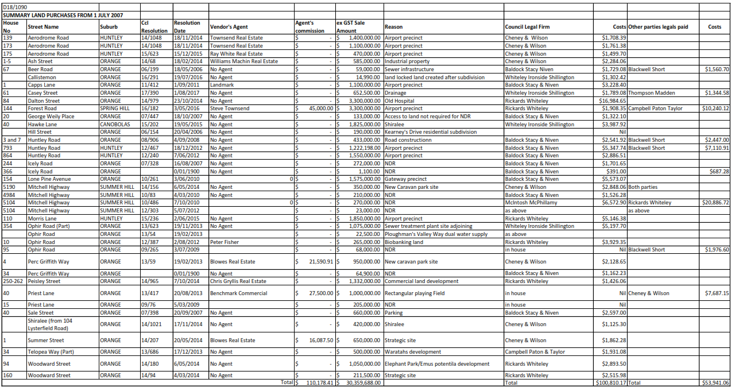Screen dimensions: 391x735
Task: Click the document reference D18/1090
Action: [15, 6]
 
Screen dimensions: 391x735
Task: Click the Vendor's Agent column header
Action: [229, 27]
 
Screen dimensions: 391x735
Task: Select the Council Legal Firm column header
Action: [527, 27]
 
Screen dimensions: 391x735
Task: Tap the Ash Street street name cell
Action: [40, 61]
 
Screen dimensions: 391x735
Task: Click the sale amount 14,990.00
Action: [367, 77]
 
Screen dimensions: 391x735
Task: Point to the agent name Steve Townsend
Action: [230, 109]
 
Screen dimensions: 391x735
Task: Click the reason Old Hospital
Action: [401, 100]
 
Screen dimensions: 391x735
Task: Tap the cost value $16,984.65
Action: [611, 100]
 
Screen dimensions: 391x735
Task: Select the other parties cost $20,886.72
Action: [715, 203]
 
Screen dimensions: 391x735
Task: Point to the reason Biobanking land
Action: [404, 242]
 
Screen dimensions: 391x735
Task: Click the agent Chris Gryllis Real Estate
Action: [238, 281]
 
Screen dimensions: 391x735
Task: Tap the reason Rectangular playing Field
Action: [415, 293]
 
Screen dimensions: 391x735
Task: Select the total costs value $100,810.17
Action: [611, 383]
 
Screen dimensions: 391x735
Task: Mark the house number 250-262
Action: [14, 281]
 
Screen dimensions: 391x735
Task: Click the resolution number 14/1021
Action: [152, 324]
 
